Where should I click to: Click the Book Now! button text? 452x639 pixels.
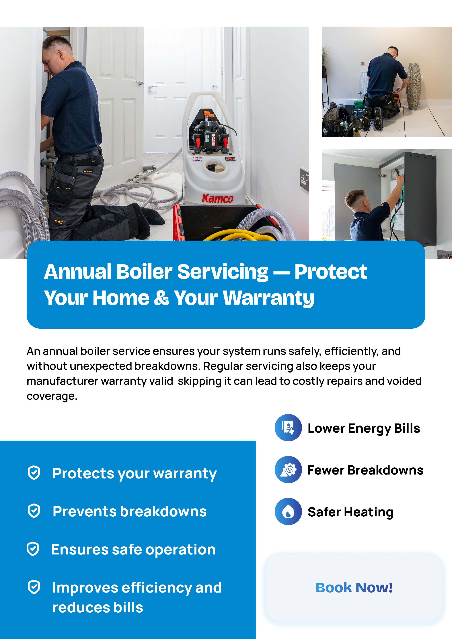pyautogui.click(x=354, y=587)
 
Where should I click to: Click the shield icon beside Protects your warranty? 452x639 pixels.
pyautogui.click(x=34, y=473)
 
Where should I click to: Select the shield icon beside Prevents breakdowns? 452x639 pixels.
pyautogui.click(x=34, y=511)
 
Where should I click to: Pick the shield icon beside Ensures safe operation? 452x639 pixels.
pyautogui.click(x=33, y=549)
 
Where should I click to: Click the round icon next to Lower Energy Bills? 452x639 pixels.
pyautogui.click(x=288, y=428)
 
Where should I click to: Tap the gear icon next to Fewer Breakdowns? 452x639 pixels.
pyautogui.click(x=288, y=470)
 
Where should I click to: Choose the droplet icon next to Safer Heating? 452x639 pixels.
pyautogui.click(x=288, y=511)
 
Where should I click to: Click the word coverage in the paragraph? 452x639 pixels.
pyautogui.click(x=52, y=396)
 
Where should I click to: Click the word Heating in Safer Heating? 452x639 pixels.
pyautogui.click(x=369, y=512)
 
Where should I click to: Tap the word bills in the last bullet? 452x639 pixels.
pyautogui.click(x=128, y=607)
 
